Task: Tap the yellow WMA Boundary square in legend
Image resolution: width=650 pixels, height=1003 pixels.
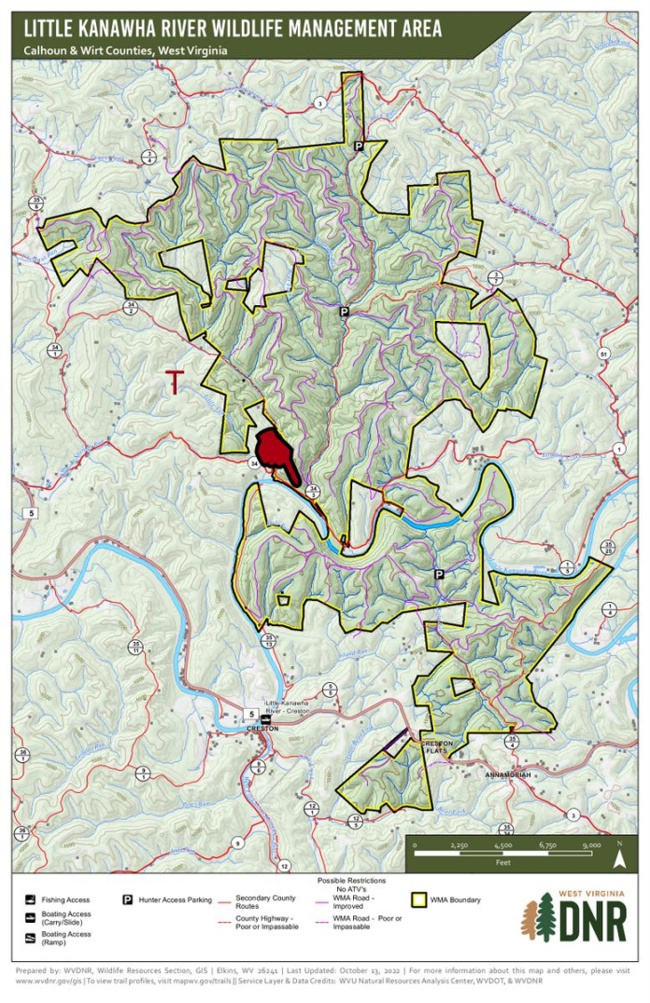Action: pyautogui.click(x=419, y=899)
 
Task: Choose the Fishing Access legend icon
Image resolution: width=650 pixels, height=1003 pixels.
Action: pyautogui.click(x=31, y=900)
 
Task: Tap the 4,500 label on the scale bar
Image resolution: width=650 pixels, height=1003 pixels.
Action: pyautogui.click(x=502, y=844)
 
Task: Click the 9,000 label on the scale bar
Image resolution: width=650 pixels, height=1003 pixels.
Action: pyautogui.click(x=590, y=844)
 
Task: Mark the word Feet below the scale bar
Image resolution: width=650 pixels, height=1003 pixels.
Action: pyautogui.click(x=502, y=863)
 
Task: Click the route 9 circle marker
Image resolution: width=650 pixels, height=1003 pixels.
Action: pyautogui.click(x=238, y=843)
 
